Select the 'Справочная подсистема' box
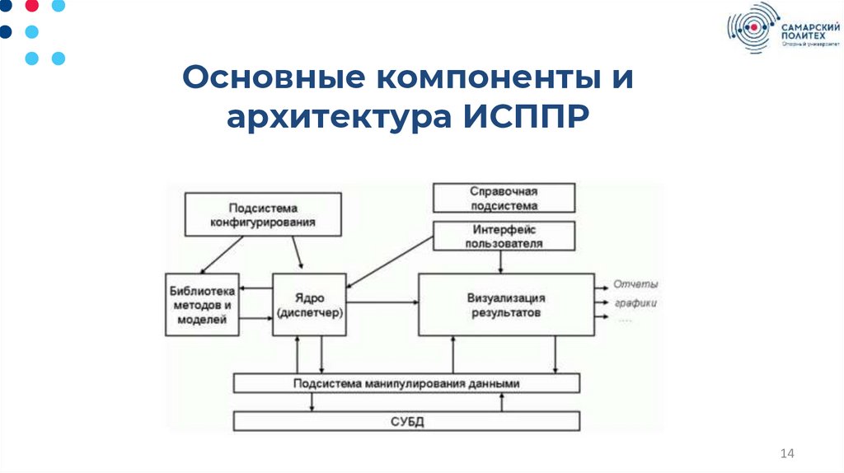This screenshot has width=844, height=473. tap(504, 199)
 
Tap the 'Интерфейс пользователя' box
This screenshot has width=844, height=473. tap(504, 236)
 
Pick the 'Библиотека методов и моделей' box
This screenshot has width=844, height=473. tap(202, 305)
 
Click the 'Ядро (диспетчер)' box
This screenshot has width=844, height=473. tap(311, 305)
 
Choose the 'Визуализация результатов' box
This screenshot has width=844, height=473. tap(506, 305)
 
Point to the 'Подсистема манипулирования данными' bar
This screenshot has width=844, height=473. tap(406, 383)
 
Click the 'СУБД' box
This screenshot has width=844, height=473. tap(406, 422)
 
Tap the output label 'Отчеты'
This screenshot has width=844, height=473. tap(635, 284)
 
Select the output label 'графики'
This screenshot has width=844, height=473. tap(635, 302)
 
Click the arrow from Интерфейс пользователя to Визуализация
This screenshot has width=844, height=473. tap(501, 262)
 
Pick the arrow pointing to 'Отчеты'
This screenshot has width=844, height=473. tap(601, 285)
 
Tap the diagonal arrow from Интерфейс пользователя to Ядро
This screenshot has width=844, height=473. tap(392, 263)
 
